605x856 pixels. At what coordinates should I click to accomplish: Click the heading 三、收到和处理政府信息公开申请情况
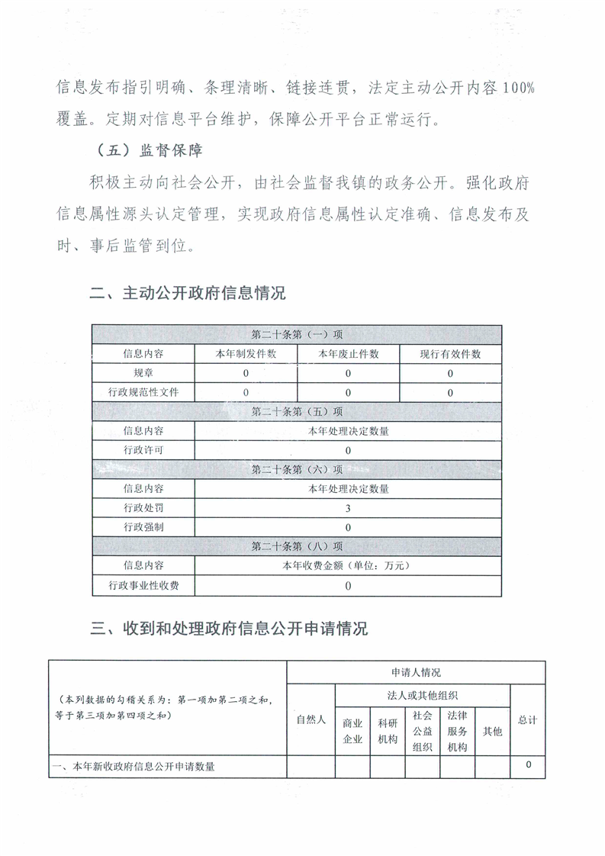click(229, 629)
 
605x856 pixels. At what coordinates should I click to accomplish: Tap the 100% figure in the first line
click(518, 88)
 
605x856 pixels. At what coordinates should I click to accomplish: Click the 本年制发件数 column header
click(246, 354)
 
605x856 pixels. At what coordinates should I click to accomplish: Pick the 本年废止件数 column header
click(348, 354)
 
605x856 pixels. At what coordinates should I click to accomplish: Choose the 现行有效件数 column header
click(450, 354)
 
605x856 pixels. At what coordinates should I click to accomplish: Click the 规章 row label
click(143, 373)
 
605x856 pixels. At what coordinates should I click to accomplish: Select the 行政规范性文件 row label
click(143, 392)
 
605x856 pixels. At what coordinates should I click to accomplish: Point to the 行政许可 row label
click(143, 450)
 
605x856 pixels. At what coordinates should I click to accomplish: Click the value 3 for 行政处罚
click(348, 508)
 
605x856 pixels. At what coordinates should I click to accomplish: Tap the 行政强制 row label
click(143, 527)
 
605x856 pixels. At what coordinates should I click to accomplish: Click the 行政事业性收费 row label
click(143, 586)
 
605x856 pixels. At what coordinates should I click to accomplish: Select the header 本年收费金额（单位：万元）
click(348, 566)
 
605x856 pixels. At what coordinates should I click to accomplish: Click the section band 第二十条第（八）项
click(297, 546)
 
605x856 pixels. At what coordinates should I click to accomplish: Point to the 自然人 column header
click(311, 719)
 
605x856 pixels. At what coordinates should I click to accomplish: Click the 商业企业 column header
click(352, 731)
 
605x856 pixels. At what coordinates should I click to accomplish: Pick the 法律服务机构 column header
click(457, 731)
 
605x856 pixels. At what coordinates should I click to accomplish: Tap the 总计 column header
click(527, 719)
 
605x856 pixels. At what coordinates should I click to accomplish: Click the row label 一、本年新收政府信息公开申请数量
click(133, 767)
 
